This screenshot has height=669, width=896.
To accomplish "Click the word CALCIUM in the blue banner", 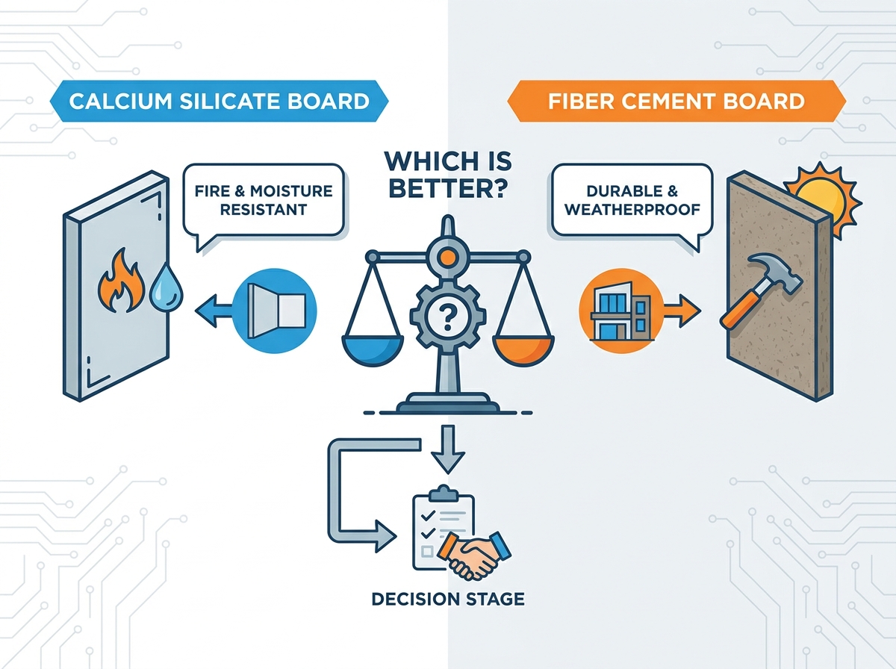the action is [121, 102].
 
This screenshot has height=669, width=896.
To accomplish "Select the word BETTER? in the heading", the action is [448, 187].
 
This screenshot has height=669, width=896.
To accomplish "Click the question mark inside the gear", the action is [448, 317].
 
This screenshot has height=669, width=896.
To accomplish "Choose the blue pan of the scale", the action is [373, 349].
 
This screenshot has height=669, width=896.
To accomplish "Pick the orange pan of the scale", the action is [523, 350].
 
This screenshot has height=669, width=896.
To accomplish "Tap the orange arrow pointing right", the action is [681, 311].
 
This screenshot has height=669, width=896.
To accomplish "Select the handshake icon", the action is [473, 555].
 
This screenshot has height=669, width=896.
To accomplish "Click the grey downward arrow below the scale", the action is [448, 449].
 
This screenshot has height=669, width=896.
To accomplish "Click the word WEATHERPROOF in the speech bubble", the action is [632, 210].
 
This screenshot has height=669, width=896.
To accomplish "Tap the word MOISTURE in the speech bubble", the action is [291, 191].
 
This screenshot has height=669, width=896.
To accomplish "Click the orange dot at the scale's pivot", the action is [448, 257].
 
